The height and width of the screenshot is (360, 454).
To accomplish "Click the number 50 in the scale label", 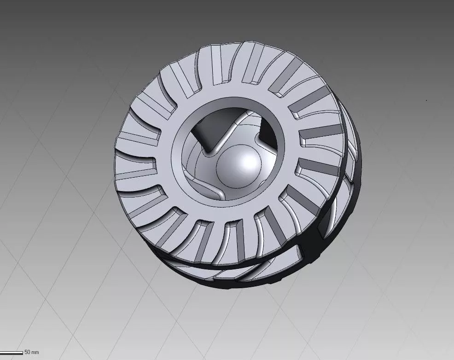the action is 27,352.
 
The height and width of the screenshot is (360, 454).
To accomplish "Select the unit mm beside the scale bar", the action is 35,353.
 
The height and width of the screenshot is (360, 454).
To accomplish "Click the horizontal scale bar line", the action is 12,353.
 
